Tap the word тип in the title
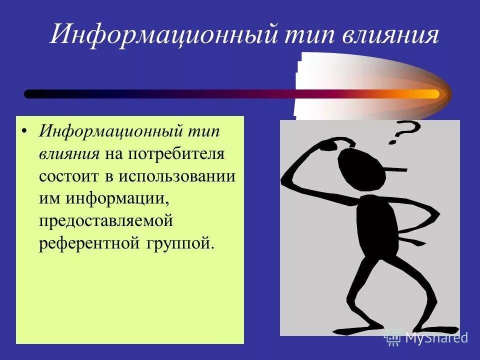(x=305, y=35)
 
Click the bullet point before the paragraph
(x=24, y=132)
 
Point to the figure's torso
(x=375, y=225)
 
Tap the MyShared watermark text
(x=436, y=337)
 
